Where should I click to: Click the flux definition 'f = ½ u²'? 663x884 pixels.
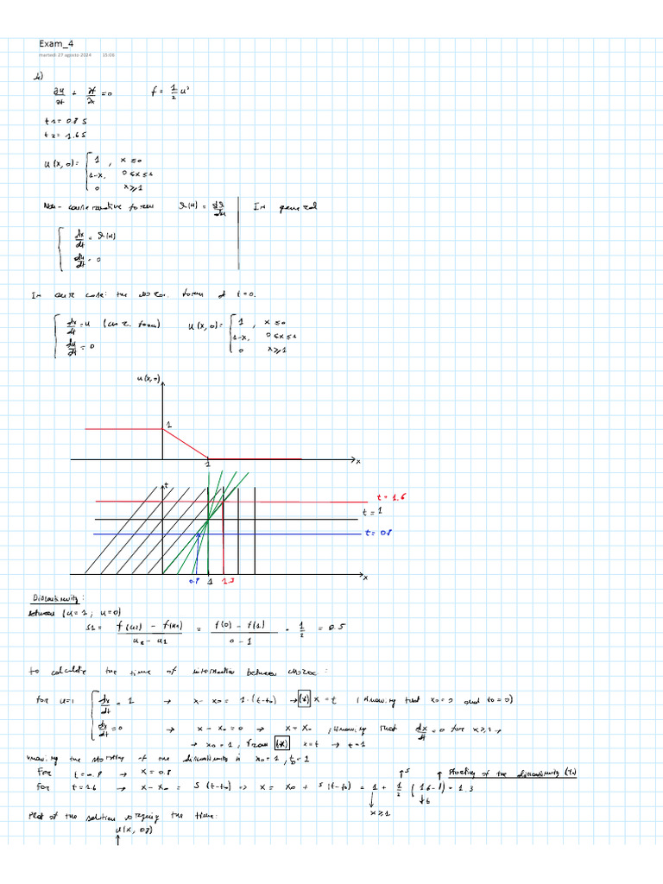pos(168,90)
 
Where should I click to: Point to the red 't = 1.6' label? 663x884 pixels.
pos(390,498)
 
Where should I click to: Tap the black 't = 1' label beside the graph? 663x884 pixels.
pos(371,515)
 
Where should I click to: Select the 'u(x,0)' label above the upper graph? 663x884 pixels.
pos(148,380)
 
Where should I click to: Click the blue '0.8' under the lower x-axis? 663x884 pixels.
pos(195,583)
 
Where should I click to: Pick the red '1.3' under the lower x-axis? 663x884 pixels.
pos(226,583)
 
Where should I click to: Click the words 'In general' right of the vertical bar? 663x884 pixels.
pos(285,207)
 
